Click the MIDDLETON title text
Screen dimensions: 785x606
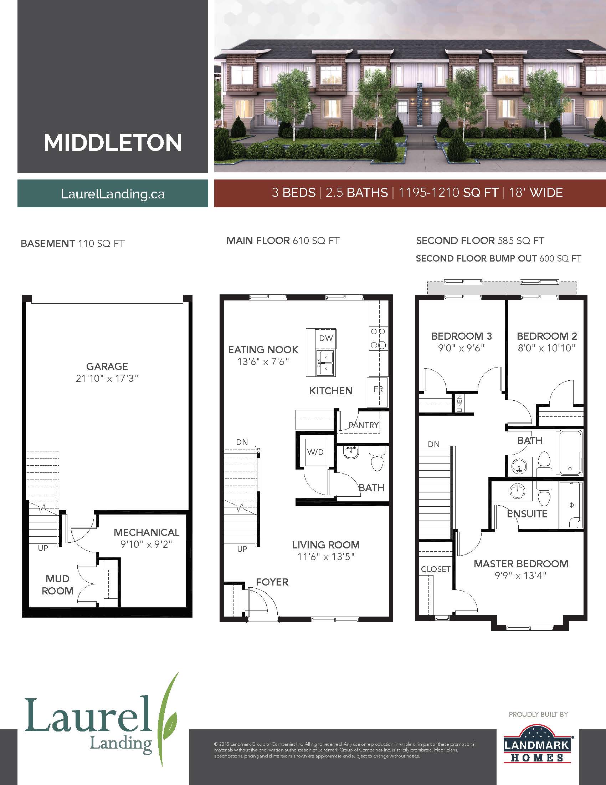pos(113,143)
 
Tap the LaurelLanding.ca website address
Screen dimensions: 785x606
pos(113,194)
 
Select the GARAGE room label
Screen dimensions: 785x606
pos(107,366)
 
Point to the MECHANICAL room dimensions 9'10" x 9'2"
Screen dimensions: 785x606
pos(147,544)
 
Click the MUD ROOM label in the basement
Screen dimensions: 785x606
pos(57,585)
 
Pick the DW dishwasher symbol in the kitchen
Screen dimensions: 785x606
pos(326,338)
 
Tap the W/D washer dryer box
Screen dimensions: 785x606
pos(315,452)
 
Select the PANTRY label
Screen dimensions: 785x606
pos(364,425)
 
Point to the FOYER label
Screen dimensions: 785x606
pos(272,582)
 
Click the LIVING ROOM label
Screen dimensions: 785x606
pos(326,545)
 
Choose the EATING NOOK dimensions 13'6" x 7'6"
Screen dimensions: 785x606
pos(263,361)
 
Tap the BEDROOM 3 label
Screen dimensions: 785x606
pos(461,336)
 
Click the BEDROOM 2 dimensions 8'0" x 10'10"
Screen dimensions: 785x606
pos(546,348)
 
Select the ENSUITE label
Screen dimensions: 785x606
pos(527,514)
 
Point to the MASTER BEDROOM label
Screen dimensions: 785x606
pos(521,563)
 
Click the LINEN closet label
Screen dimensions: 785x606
pos(459,403)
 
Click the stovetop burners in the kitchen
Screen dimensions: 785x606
pos(378,338)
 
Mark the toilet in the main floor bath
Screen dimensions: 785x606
pos(376,459)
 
